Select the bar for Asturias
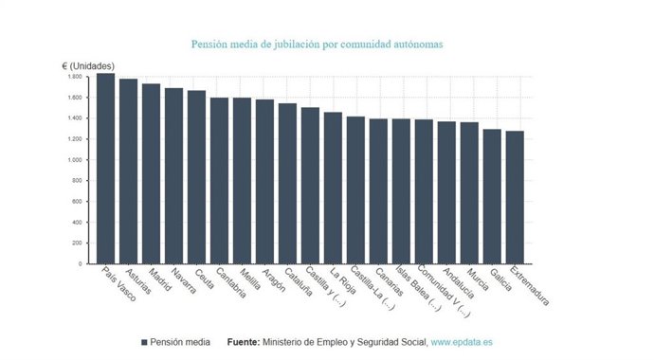(128, 171)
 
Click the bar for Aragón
(264, 181)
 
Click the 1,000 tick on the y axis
(75, 159)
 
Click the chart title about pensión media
(317, 44)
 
